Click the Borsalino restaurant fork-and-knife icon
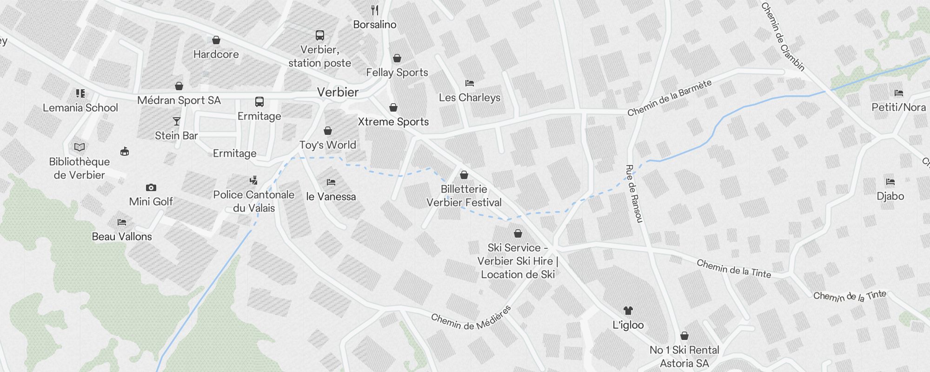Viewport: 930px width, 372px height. pyautogui.click(x=375, y=10)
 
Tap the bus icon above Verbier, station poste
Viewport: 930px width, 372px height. pyautogui.click(x=320, y=35)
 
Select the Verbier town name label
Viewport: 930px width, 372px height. pyautogui.click(x=338, y=92)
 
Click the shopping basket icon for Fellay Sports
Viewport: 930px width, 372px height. pyautogui.click(x=397, y=58)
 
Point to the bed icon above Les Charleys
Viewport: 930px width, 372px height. pyautogui.click(x=470, y=84)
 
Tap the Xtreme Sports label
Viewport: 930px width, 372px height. pyautogui.click(x=393, y=122)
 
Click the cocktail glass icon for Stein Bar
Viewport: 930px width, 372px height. pyautogui.click(x=177, y=121)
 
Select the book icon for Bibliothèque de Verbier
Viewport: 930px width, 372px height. pyautogui.click(x=80, y=147)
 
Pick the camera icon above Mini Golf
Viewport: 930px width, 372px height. pyautogui.click(x=151, y=188)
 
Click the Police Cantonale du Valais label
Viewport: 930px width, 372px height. pyautogui.click(x=254, y=201)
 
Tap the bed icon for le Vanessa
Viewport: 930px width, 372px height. pyautogui.click(x=331, y=182)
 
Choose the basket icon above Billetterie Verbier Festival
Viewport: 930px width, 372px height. pyautogui.click(x=464, y=175)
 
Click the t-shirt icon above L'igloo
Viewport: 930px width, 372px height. pyautogui.click(x=628, y=311)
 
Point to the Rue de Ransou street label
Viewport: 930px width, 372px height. pyautogui.click(x=634, y=193)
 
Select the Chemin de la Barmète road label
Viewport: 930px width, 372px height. pyautogui.click(x=670, y=98)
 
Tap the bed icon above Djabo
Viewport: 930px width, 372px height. pyautogui.click(x=890, y=182)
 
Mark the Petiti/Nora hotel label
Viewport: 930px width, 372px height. pyautogui.click(x=899, y=107)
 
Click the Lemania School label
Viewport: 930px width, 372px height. pyautogui.click(x=80, y=108)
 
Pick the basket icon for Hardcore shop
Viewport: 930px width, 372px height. pyautogui.click(x=216, y=40)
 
